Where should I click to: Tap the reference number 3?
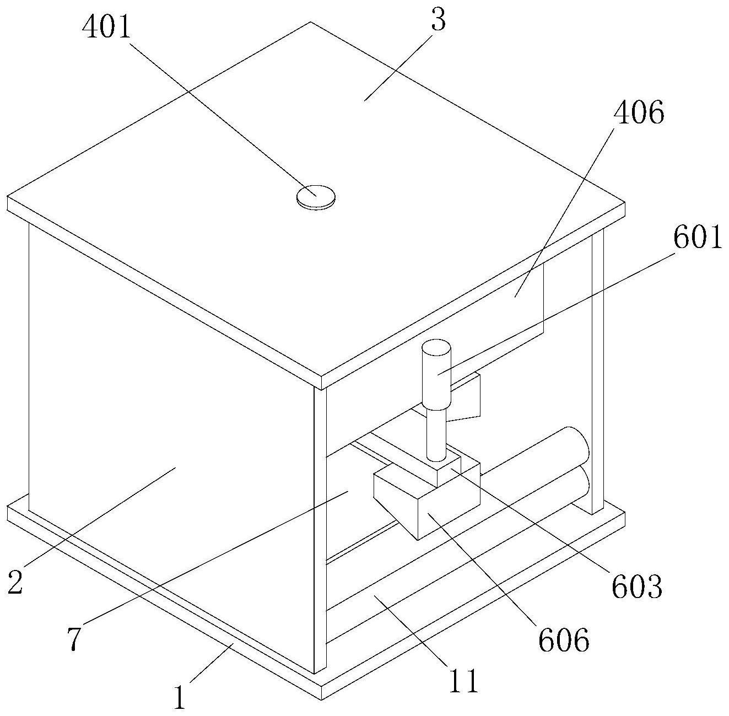pyautogui.click(x=439, y=20)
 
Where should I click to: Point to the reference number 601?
pyautogui.click(x=698, y=239)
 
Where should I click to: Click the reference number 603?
pyautogui.click(x=636, y=587)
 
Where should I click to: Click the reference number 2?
pyautogui.click(x=15, y=583)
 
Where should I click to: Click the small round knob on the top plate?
pyautogui.click(x=316, y=197)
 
